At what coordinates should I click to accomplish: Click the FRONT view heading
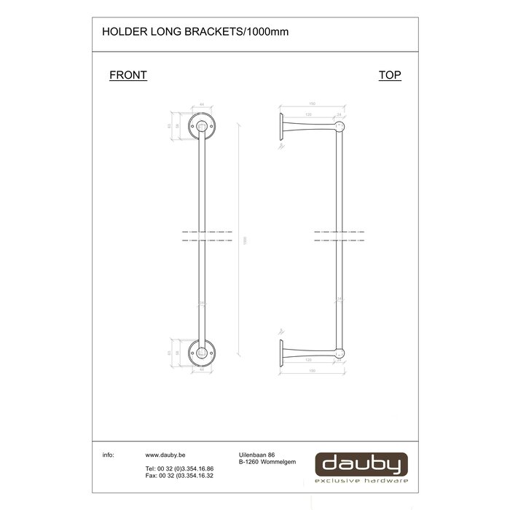(128, 75)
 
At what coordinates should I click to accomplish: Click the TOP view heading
(390, 75)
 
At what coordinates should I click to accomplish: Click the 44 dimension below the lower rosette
(200, 369)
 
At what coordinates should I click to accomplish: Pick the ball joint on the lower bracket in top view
(338, 351)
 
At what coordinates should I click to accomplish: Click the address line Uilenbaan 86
(257, 455)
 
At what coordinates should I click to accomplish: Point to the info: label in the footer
(109, 455)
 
